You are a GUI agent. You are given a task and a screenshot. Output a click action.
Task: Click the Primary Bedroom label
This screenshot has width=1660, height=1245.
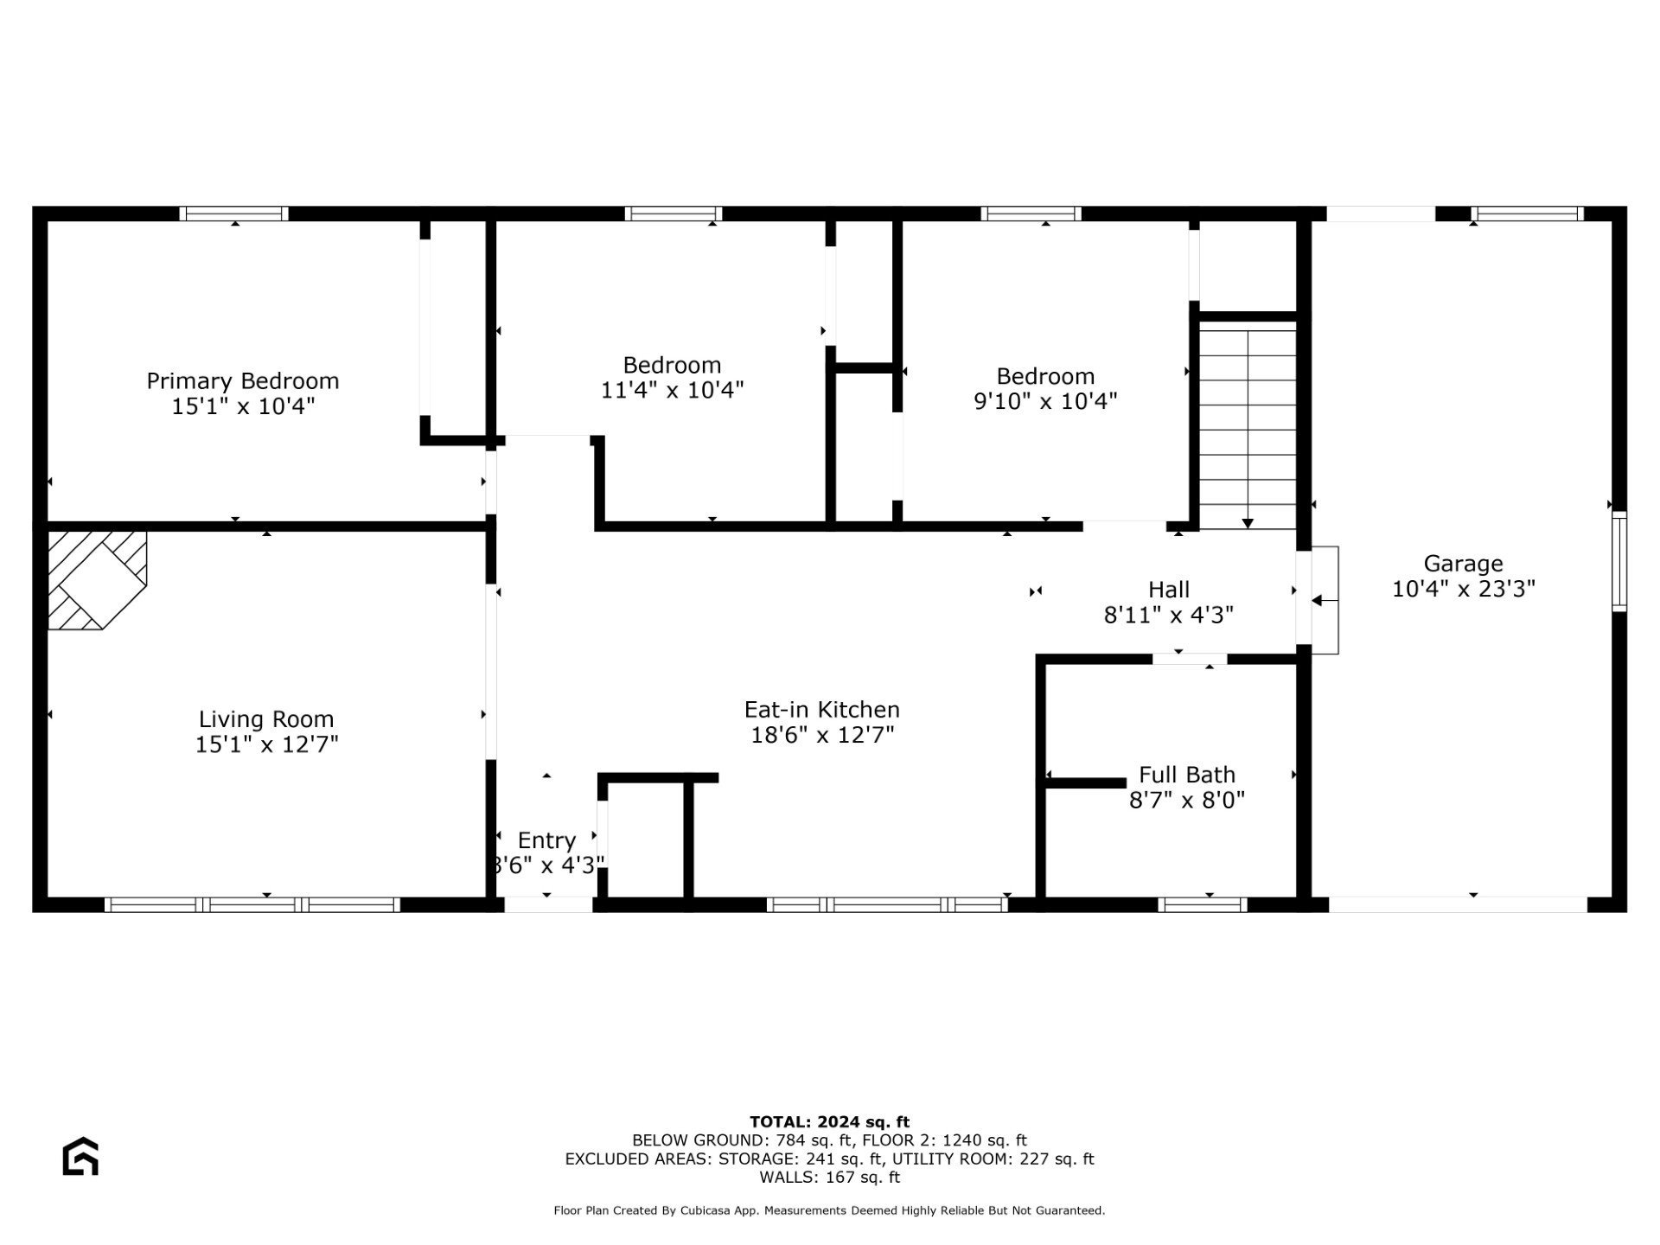click(242, 381)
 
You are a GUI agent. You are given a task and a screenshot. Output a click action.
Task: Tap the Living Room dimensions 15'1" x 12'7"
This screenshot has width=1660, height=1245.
click(266, 744)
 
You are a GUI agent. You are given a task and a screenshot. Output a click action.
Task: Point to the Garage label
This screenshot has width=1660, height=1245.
click(1463, 564)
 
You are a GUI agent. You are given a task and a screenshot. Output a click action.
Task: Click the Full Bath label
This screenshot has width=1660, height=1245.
click(1186, 775)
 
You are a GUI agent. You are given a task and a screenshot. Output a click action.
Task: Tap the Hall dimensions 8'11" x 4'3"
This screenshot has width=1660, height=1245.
click(1168, 615)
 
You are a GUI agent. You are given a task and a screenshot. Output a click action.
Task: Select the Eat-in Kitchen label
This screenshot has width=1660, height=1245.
click(821, 710)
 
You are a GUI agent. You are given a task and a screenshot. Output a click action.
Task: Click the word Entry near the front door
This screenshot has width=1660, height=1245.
click(546, 840)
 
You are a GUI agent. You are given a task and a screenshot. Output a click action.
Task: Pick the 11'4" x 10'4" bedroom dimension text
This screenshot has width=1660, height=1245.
click(672, 390)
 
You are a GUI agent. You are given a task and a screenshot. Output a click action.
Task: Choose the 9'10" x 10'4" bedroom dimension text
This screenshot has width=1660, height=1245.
click(1045, 401)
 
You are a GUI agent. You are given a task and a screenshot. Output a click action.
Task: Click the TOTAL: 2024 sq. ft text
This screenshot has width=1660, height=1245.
click(829, 1122)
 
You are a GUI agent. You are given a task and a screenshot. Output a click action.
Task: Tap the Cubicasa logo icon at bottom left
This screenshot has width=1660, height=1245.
click(80, 1157)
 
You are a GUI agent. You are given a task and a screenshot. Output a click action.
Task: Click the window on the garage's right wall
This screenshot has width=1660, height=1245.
click(1618, 562)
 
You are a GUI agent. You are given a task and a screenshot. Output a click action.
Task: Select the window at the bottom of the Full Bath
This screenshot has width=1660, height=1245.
click(1202, 904)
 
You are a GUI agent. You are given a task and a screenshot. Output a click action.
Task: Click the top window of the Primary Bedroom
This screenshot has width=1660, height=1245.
click(234, 214)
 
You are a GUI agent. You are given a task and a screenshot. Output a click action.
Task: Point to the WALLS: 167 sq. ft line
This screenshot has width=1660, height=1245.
click(829, 1177)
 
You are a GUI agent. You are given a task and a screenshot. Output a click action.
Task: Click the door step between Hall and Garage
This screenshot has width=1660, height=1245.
click(1325, 600)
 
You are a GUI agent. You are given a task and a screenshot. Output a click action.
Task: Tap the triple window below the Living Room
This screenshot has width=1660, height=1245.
click(252, 904)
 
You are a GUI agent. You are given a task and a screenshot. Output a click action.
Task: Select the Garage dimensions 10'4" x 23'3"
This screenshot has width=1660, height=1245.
click(1463, 589)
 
